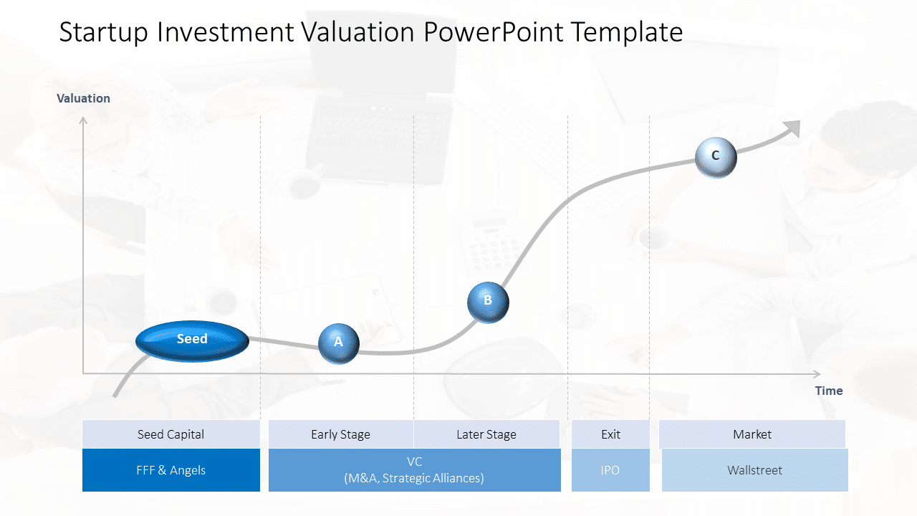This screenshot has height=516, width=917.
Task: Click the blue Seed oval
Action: (x=192, y=340)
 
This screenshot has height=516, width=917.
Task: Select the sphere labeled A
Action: (x=338, y=343)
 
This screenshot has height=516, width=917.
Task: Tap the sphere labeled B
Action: (x=488, y=302)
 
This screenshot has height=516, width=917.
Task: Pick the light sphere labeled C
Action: (x=716, y=157)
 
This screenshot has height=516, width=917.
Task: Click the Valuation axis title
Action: (x=84, y=99)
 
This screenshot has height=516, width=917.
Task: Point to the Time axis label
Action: (x=829, y=391)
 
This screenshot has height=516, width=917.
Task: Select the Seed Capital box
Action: (x=171, y=434)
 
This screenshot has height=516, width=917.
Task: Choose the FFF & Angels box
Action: (x=171, y=470)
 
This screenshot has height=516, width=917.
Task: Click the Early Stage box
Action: (x=340, y=434)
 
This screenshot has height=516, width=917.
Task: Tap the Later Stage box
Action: (x=486, y=434)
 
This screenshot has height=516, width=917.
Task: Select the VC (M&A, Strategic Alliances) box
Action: (x=414, y=470)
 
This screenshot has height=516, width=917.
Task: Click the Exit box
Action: (x=610, y=434)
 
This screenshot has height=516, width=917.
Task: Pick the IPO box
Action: (x=610, y=470)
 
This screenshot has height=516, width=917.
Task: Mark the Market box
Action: (x=752, y=434)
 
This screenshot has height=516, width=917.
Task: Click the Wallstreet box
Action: (x=754, y=470)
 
